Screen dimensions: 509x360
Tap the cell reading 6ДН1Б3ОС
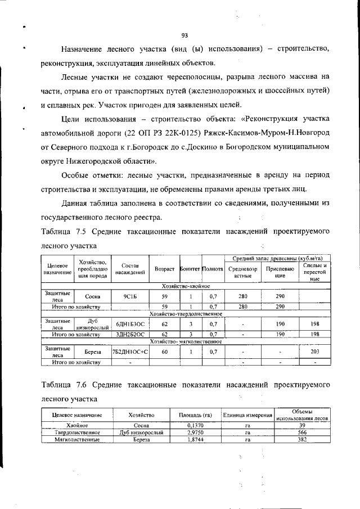coord(130,324)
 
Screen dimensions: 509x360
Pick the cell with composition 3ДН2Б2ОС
coord(130,334)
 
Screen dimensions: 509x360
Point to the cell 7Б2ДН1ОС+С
coord(130,352)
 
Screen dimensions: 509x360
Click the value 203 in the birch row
coord(315,352)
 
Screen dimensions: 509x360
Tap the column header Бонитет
coord(190,271)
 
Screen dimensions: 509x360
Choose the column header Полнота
coord(213,271)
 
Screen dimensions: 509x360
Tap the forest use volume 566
coord(302,433)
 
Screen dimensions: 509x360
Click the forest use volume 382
coord(302,439)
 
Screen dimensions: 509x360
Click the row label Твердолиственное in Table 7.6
coord(77,433)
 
